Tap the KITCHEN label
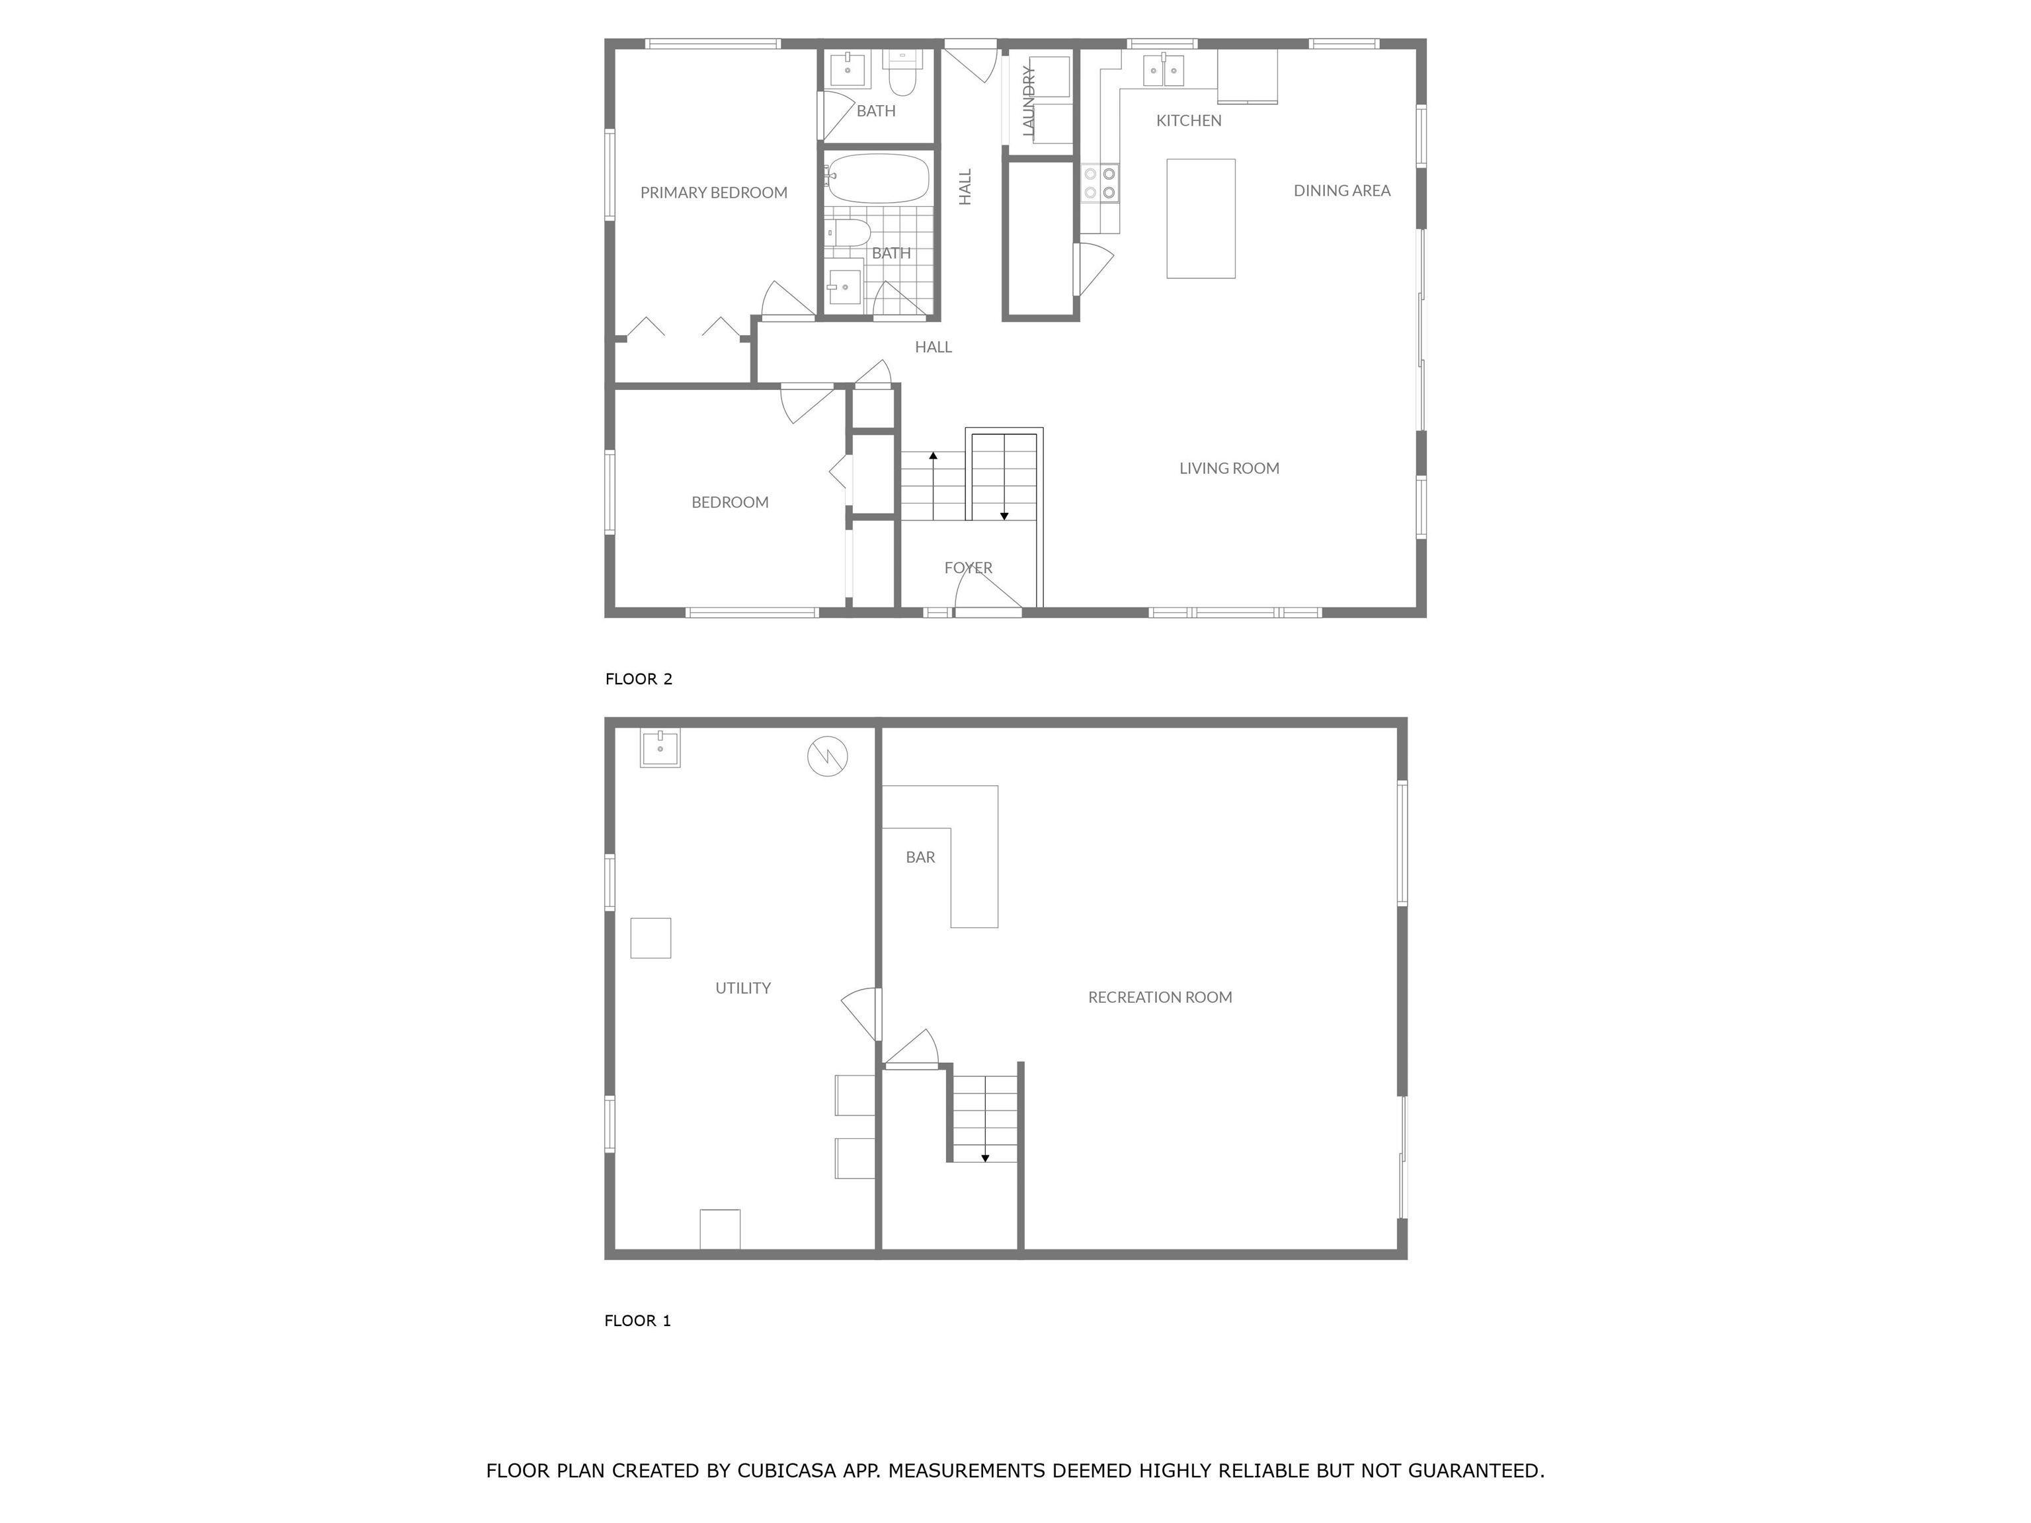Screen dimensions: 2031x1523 [1188, 120]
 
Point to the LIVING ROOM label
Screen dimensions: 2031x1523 [1228, 468]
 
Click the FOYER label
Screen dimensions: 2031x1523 [968, 567]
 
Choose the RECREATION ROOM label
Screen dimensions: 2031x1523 [1160, 997]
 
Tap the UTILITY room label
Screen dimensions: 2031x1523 [743, 988]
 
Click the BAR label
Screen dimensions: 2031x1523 [920, 857]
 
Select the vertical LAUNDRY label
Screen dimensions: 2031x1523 [1028, 102]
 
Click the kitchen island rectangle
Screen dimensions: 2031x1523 [1200, 219]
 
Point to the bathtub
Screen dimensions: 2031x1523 [878, 178]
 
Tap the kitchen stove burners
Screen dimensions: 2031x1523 [1099, 182]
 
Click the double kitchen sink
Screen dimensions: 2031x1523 [1164, 70]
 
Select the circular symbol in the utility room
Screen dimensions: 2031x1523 [826, 756]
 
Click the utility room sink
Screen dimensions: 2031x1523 [659, 748]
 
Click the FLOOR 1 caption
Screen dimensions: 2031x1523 [637, 1321]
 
